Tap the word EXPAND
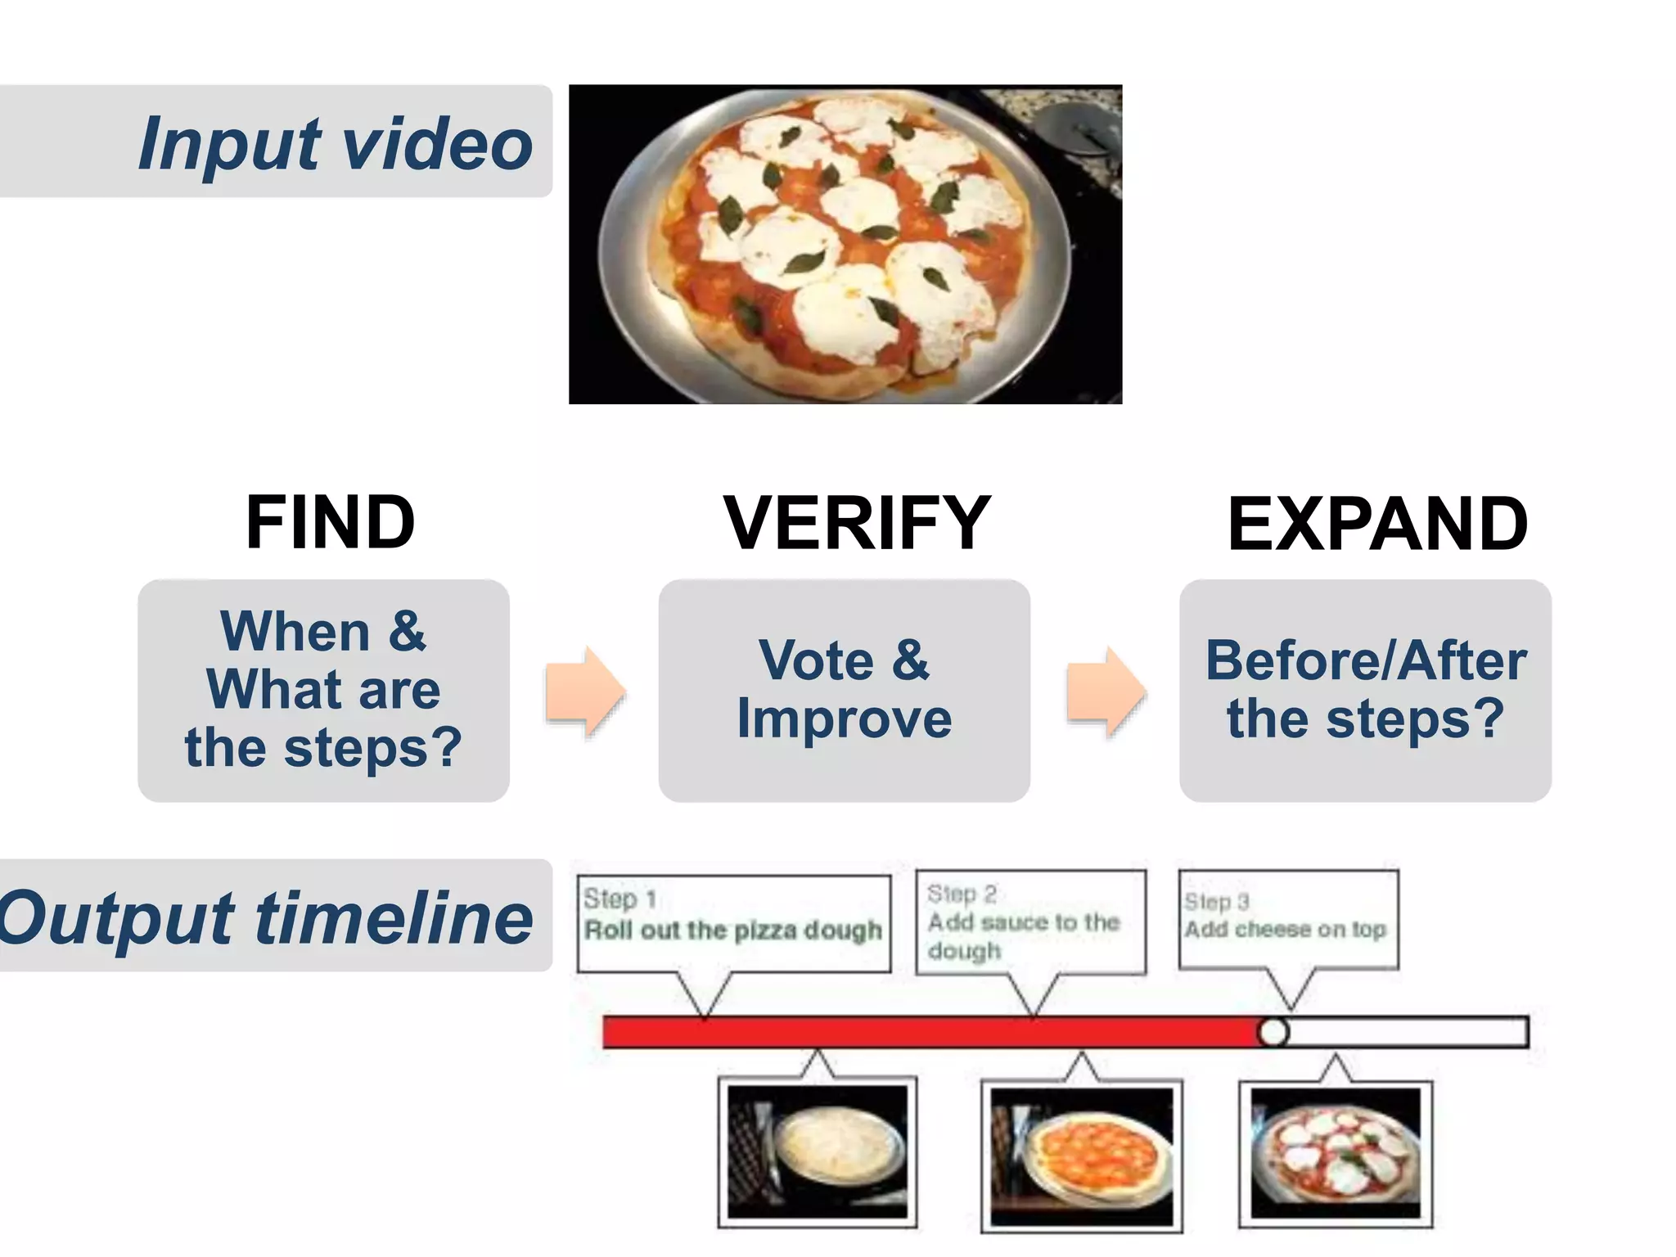pyautogui.click(x=1377, y=524)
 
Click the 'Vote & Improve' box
pyautogui.click(x=844, y=690)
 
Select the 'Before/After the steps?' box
pyautogui.click(x=1365, y=690)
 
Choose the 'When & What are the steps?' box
pyautogui.click(x=323, y=690)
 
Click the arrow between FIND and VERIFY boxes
pyautogui.click(x=584, y=692)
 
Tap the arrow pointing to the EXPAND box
pyautogui.click(x=1105, y=692)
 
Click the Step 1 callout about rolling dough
pyautogui.click(x=733, y=923)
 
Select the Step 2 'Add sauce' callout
pyautogui.click(x=1030, y=921)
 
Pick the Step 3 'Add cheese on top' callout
pyautogui.click(x=1288, y=919)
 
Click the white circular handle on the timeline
pyautogui.click(x=1273, y=1032)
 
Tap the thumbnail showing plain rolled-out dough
pyautogui.click(x=818, y=1152)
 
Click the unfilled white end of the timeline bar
pyautogui.click(x=1408, y=1032)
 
